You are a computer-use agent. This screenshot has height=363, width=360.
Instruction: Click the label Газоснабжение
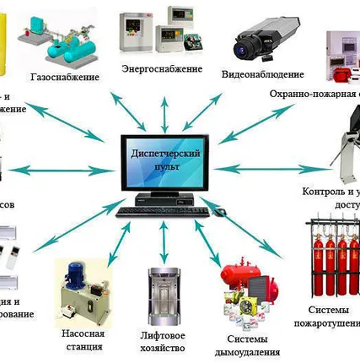(x=83, y=78)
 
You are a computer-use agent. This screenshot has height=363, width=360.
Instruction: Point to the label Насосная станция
(x=83, y=339)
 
